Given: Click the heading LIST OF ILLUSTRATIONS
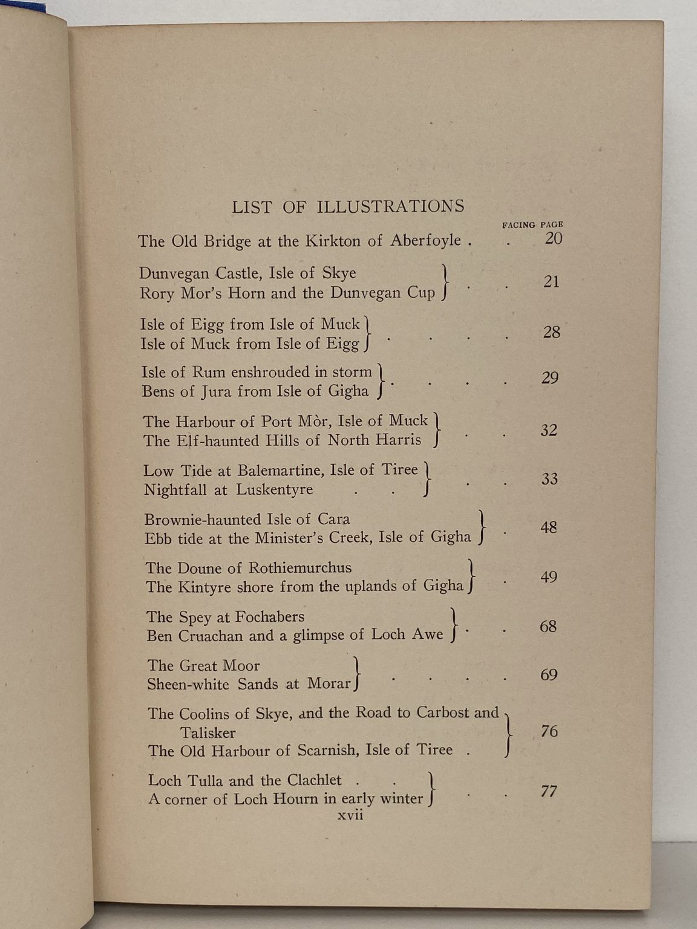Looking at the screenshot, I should tap(348, 206).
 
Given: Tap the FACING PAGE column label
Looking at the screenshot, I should tap(532, 225).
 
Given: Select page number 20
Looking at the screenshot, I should tap(553, 239).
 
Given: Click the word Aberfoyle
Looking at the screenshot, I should tap(425, 241).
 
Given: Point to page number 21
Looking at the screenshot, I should tap(551, 282).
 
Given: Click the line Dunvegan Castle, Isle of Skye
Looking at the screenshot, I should tap(247, 273).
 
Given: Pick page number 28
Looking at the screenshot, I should tap(551, 332).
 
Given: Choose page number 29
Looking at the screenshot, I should tap(550, 378).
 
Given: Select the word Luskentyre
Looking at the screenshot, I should tap(274, 489).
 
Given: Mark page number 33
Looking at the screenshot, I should tap(549, 479).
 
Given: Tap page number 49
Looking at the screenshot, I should tap(549, 577).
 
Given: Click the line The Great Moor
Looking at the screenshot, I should tap(203, 666).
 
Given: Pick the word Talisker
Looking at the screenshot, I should tap(208, 733).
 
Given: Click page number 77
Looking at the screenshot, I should tap(549, 791).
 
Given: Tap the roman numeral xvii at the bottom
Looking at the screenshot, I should tap(350, 815).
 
